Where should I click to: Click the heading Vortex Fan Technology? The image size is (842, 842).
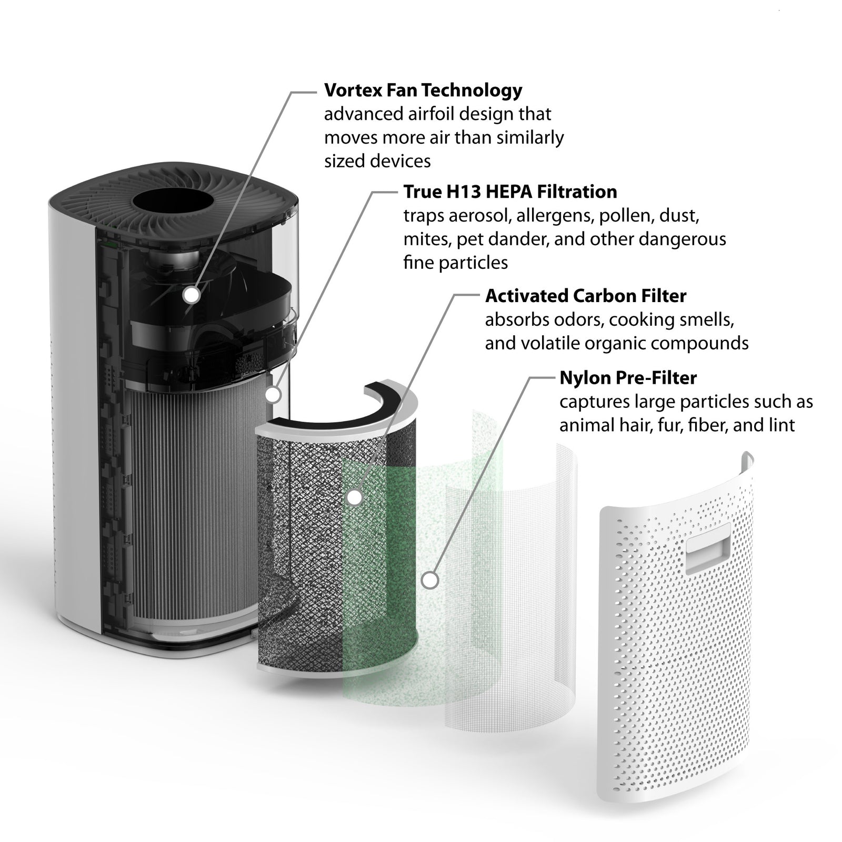(x=423, y=91)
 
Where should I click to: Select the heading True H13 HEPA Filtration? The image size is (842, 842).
(x=510, y=192)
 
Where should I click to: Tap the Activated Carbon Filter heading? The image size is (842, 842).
(x=586, y=296)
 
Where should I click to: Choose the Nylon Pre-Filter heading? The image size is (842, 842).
(x=628, y=378)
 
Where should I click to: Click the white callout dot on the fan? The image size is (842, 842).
(x=192, y=295)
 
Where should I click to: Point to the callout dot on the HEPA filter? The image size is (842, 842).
(x=273, y=395)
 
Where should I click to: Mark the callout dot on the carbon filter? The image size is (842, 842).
(x=355, y=497)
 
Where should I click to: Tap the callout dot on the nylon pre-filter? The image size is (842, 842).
(x=430, y=580)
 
